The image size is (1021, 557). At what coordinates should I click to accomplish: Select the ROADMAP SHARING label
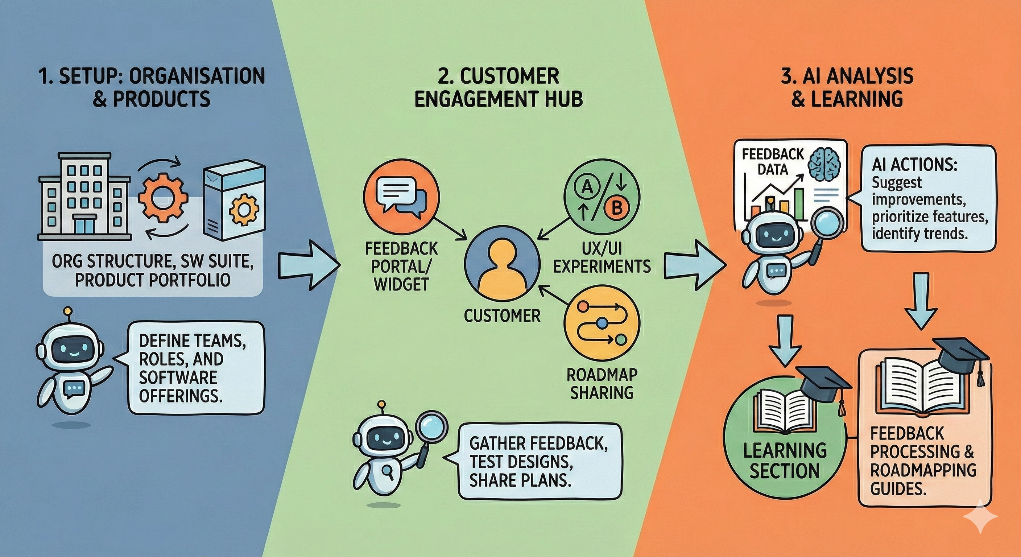pos(601,383)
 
